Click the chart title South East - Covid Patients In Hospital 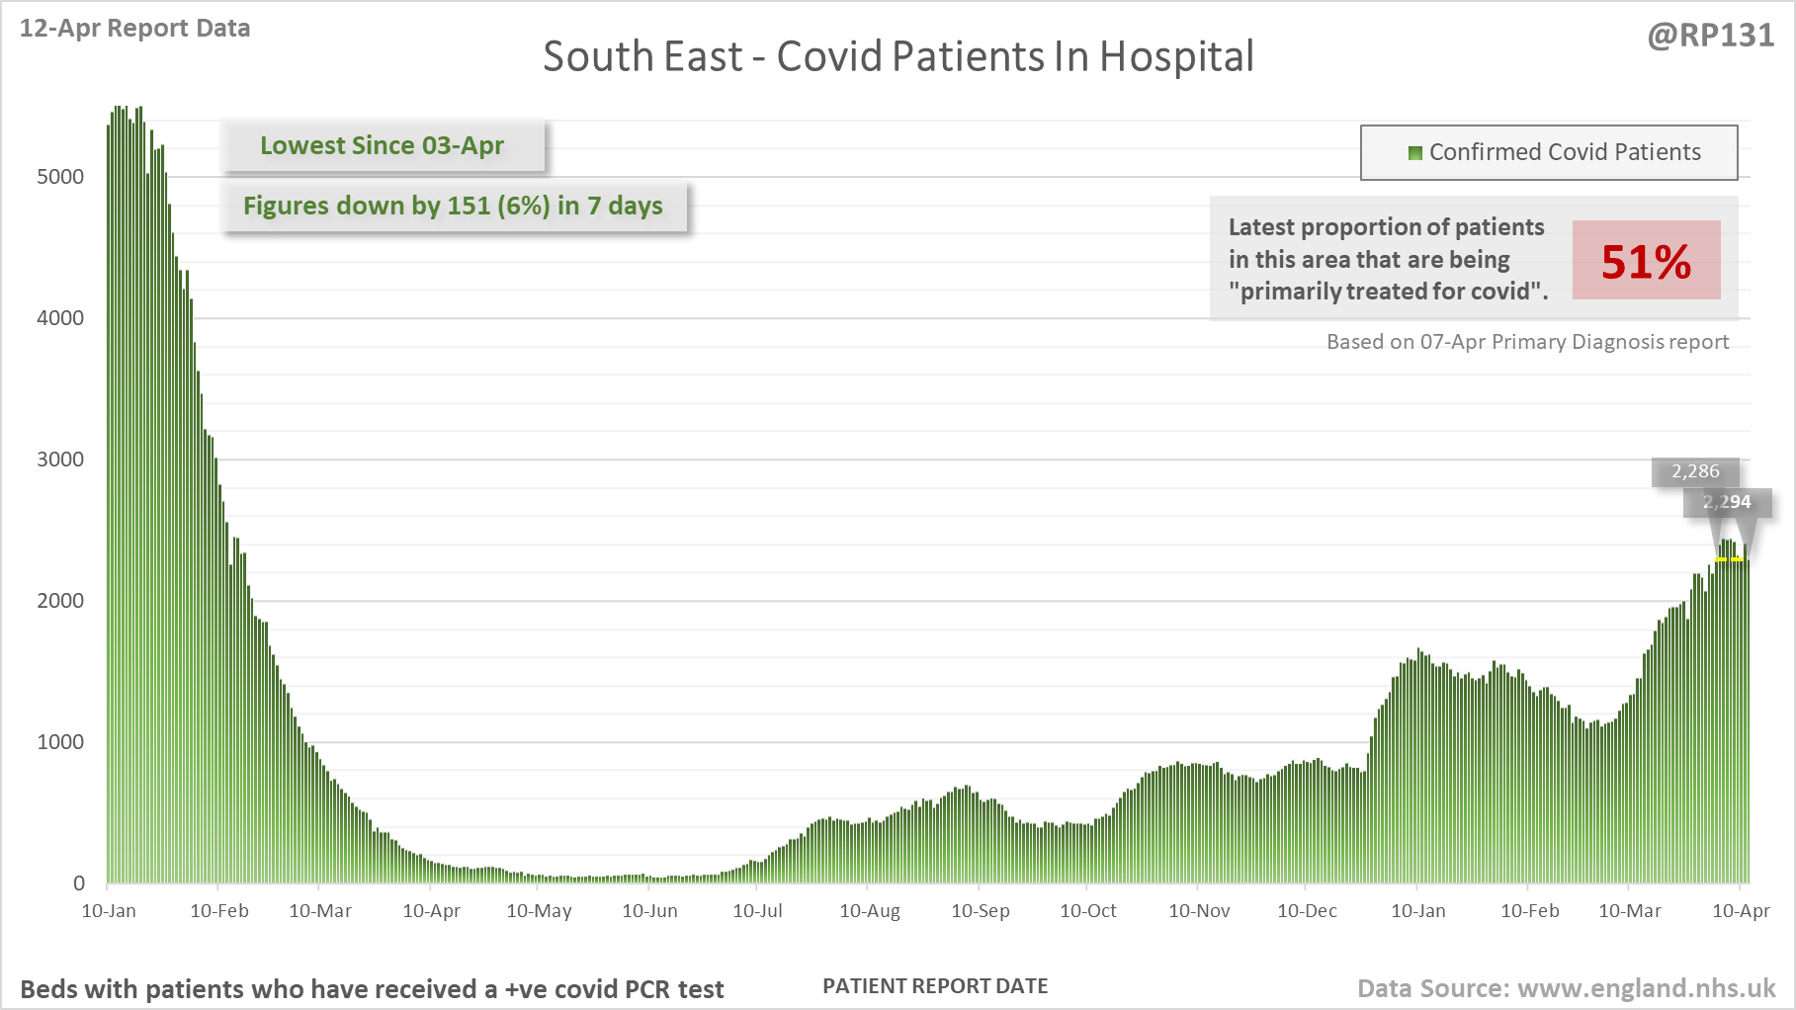(x=898, y=56)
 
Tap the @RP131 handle (x=1710, y=36)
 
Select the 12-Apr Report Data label (x=134, y=28)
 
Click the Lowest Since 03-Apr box (x=382, y=145)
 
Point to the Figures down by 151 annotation (x=453, y=206)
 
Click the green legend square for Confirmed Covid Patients (x=1414, y=152)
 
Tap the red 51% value (x=1646, y=261)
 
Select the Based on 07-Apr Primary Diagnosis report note (x=1527, y=342)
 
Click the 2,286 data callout (x=1695, y=471)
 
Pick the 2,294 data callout (x=1727, y=502)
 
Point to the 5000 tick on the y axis (x=60, y=177)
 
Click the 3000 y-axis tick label (x=60, y=460)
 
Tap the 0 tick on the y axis (x=79, y=884)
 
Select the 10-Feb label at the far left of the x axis (x=219, y=911)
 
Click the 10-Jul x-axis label (x=757, y=911)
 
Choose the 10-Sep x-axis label (x=980, y=911)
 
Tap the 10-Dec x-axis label (x=1307, y=911)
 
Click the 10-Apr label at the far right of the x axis (x=1740, y=911)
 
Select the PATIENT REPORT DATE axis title (x=935, y=986)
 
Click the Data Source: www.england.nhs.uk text (x=1566, y=988)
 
